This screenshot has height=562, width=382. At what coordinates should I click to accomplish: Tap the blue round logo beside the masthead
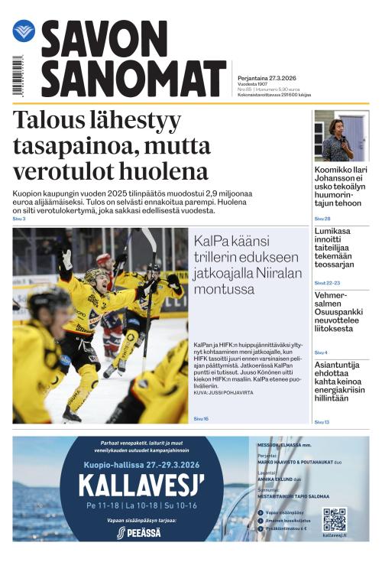coord(24,31)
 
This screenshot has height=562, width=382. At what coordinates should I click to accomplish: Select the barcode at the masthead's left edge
coord(18,76)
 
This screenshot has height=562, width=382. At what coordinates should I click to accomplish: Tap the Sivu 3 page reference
coord(19,219)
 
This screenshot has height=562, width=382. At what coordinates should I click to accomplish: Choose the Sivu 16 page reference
coord(201,418)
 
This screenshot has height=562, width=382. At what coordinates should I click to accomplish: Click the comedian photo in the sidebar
coord(341,135)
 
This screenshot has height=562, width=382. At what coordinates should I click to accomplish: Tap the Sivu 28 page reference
coord(322,219)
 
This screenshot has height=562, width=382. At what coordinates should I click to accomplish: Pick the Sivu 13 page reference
coord(322,421)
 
